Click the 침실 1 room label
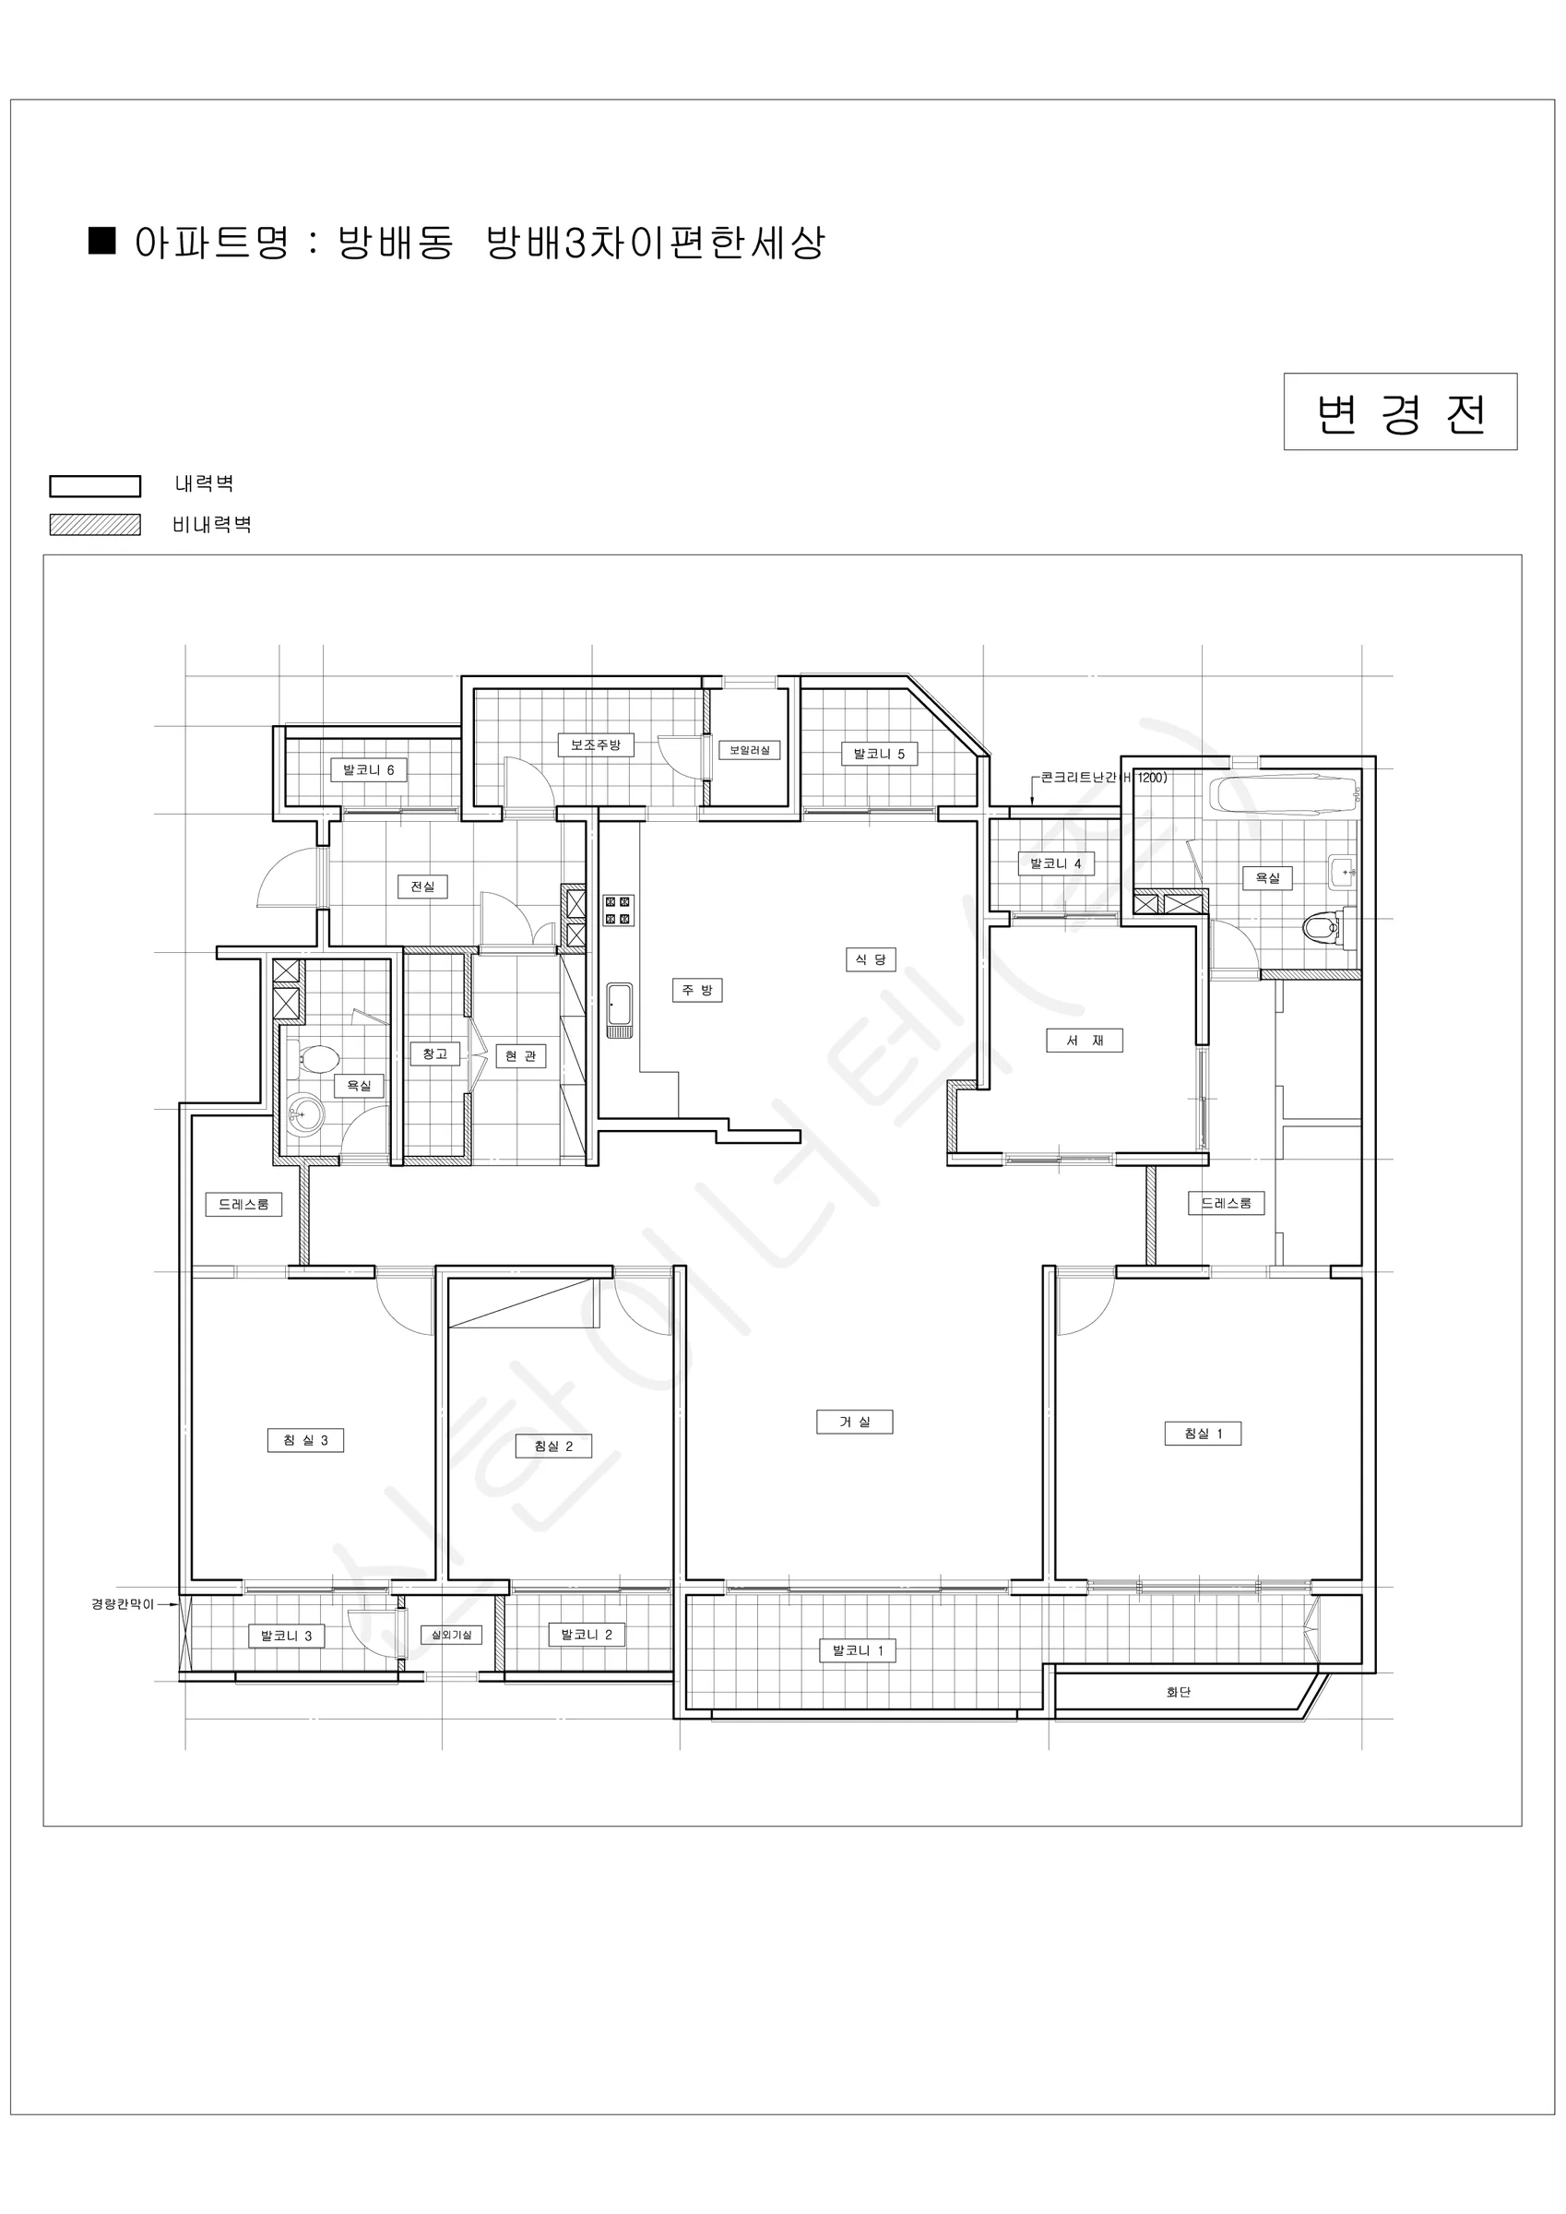click(1203, 1433)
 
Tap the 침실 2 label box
click(552, 1446)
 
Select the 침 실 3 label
click(305, 1440)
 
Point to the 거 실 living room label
click(854, 1422)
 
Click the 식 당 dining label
click(871, 958)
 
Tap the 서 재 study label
click(1085, 1040)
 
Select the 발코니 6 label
click(368, 769)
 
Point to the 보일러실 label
click(749, 749)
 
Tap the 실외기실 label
click(450, 1635)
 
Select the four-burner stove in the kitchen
click(618, 910)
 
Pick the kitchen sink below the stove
click(619, 1009)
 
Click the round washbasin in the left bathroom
click(305, 1115)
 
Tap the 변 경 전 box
click(1400, 411)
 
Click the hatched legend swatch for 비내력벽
click(94, 525)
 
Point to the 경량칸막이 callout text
click(123, 1603)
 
